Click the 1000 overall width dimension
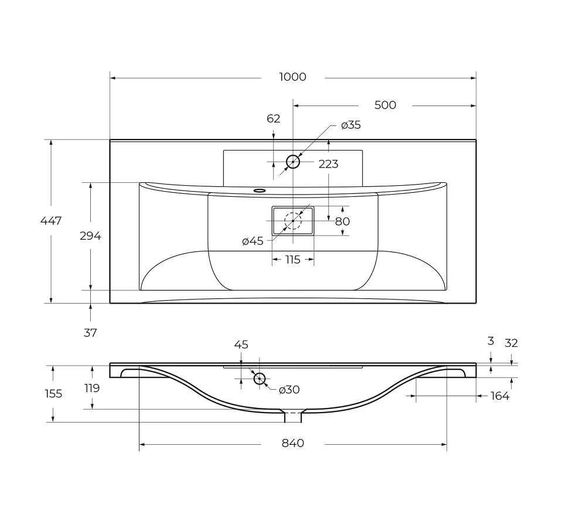[292, 77]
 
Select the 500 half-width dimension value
[385, 105]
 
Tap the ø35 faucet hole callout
[351, 125]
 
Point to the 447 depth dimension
[51, 221]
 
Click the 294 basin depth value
[90, 236]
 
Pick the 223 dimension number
[328, 164]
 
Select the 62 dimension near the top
[273, 118]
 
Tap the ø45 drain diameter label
[253, 241]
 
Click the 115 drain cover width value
[292, 260]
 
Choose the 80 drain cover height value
[342, 222]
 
